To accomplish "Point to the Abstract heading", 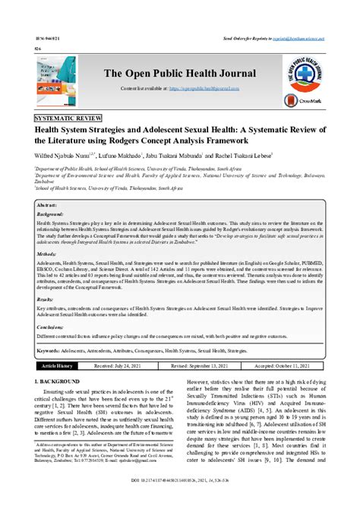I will [47, 205].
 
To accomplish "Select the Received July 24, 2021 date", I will [118, 365].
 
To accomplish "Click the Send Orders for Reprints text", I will [289, 36].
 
